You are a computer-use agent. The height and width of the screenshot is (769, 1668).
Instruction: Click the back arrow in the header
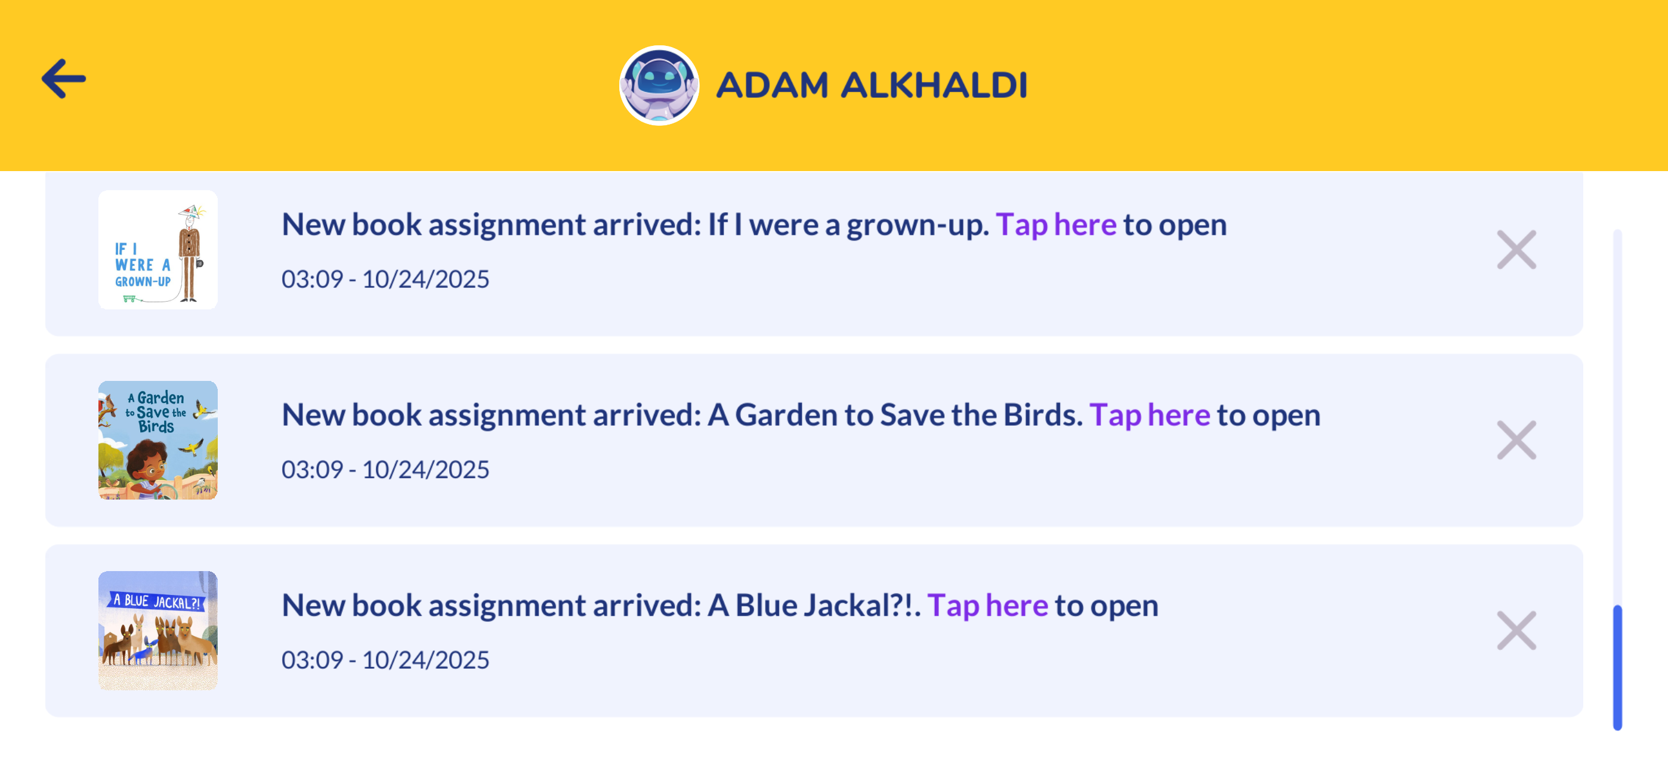tap(63, 79)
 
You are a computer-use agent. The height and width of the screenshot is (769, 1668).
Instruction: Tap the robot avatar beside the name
tap(659, 85)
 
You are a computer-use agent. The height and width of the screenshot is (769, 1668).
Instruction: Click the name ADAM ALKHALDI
tap(872, 85)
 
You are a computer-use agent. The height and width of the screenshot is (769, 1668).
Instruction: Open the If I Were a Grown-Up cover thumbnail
tap(158, 250)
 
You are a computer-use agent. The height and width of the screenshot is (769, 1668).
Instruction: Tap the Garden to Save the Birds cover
tap(158, 440)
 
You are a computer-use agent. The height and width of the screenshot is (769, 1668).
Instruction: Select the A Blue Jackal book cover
tap(158, 631)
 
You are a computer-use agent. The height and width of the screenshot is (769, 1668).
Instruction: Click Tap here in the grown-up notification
tap(1056, 225)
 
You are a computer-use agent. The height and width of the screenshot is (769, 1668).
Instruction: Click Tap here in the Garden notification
tap(1150, 415)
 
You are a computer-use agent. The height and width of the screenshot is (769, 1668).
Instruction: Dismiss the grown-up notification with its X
tap(1516, 250)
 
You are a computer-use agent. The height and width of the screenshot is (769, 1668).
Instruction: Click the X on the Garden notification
tap(1516, 440)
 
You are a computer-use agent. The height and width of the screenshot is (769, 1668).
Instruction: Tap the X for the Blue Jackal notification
tap(1516, 631)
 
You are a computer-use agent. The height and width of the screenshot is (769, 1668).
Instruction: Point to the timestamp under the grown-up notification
tap(385, 279)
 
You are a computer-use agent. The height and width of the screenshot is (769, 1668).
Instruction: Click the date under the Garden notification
tap(425, 469)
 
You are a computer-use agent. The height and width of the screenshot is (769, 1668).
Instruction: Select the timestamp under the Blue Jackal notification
tap(385, 659)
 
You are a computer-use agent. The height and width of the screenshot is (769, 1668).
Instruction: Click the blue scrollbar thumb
tap(1617, 668)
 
